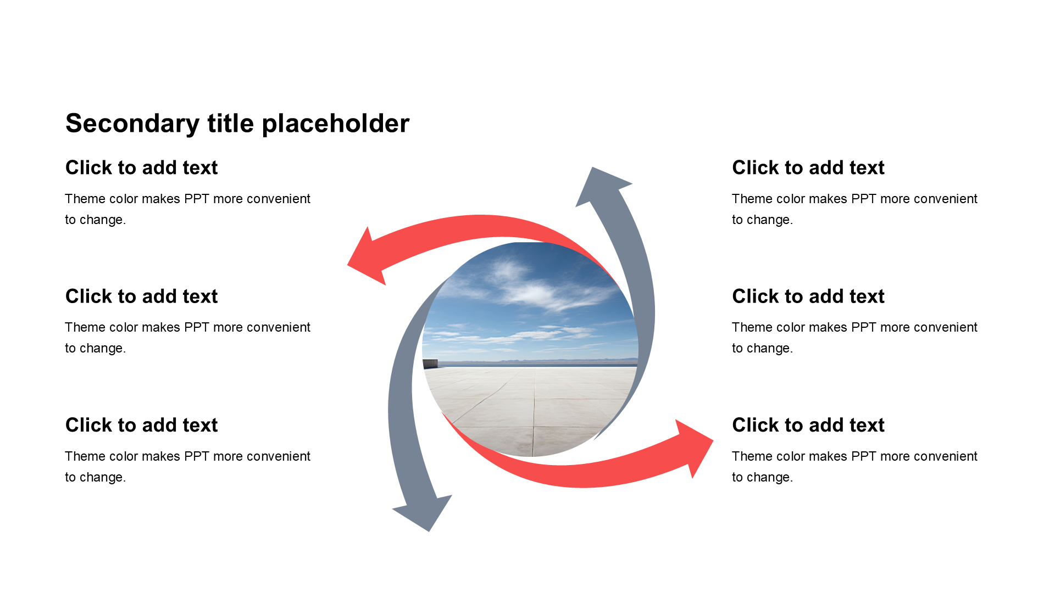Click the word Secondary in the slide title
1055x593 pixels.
click(132, 124)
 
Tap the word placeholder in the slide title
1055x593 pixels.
click(336, 124)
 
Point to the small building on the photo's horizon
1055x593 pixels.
click(430, 363)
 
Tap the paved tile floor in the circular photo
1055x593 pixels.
click(530, 409)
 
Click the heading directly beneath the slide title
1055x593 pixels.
click(142, 167)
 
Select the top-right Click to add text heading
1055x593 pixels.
click(808, 167)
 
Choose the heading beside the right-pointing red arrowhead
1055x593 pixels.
click(808, 425)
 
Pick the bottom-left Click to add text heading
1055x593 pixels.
click(142, 425)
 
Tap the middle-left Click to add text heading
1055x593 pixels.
click(142, 296)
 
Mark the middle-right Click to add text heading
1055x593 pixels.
click(808, 296)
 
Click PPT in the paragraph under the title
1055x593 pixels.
click(197, 199)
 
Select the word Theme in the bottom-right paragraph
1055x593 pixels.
click(749, 456)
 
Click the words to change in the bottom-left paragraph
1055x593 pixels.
click(96, 477)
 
